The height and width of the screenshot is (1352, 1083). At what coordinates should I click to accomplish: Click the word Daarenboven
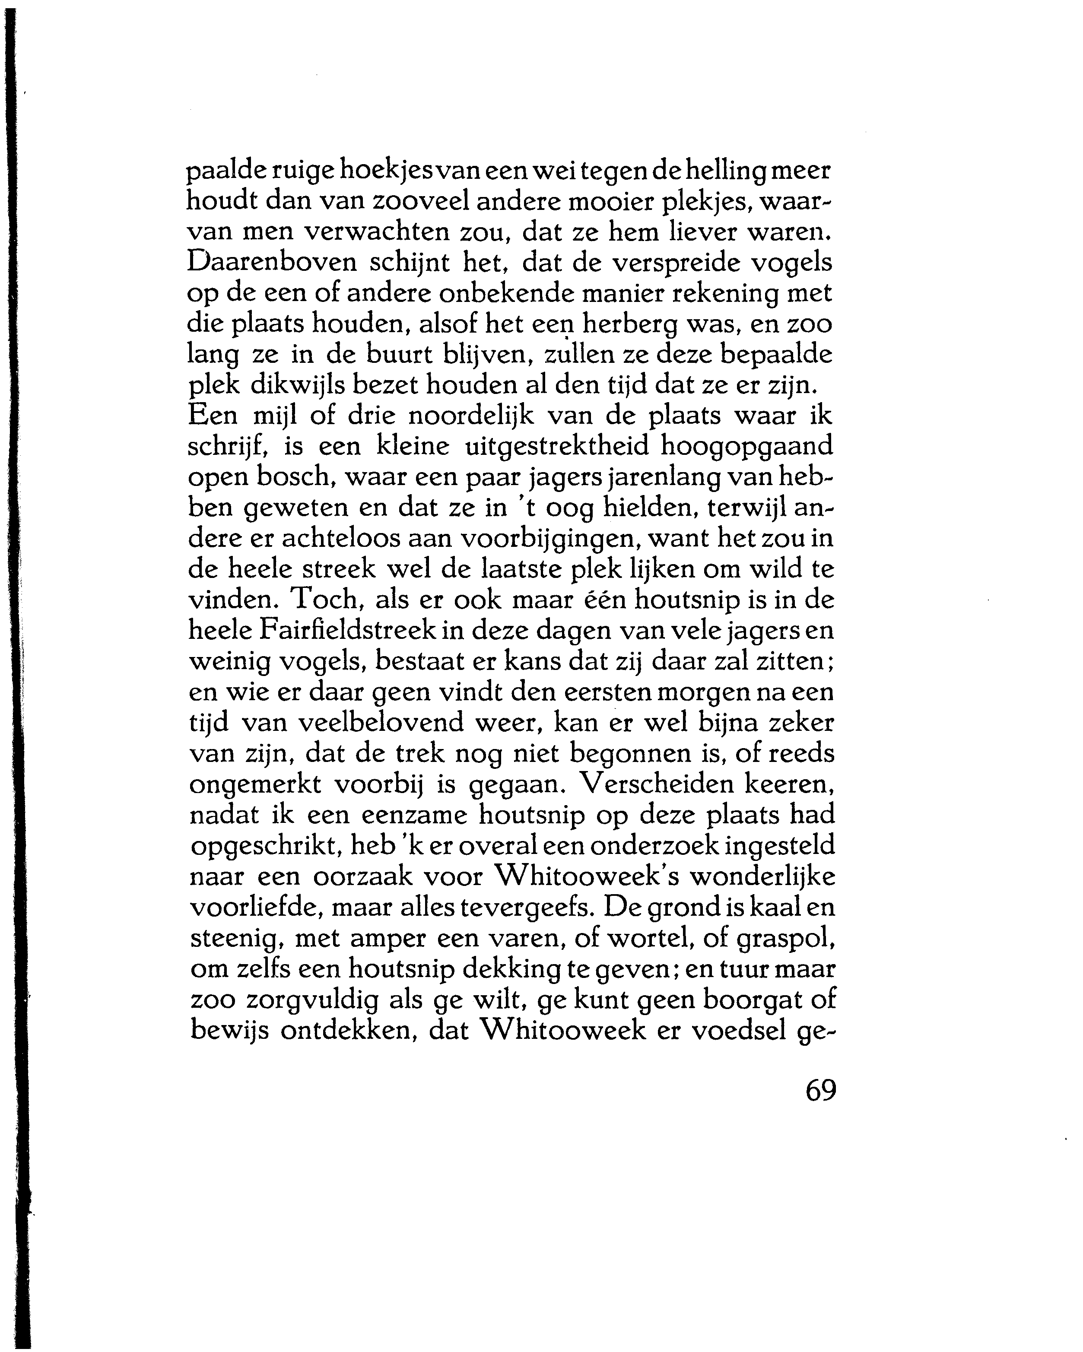(272, 263)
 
